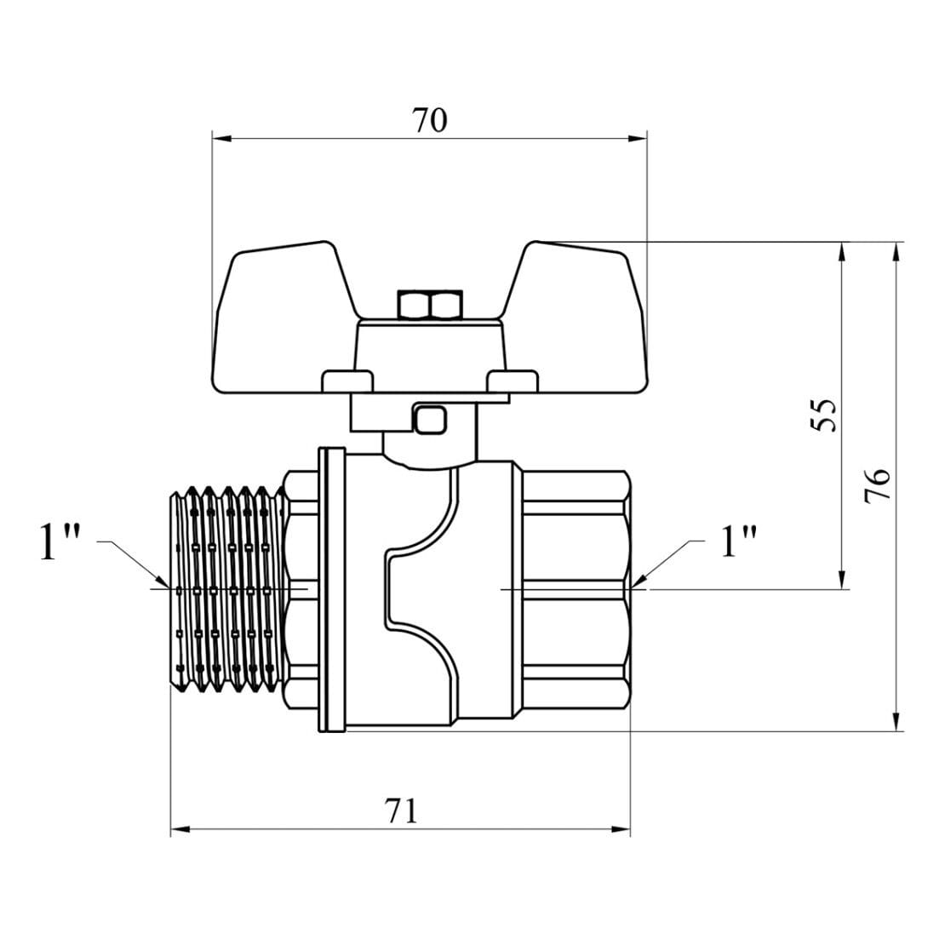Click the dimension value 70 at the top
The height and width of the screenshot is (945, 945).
(x=430, y=121)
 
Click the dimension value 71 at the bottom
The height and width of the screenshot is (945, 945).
(x=401, y=810)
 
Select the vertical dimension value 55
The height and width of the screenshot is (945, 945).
(x=823, y=415)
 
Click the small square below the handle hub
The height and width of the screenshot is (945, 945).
(x=430, y=420)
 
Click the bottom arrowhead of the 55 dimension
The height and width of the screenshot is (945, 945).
(x=842, y=581)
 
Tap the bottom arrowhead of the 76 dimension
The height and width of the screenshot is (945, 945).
(x=896, y=723)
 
